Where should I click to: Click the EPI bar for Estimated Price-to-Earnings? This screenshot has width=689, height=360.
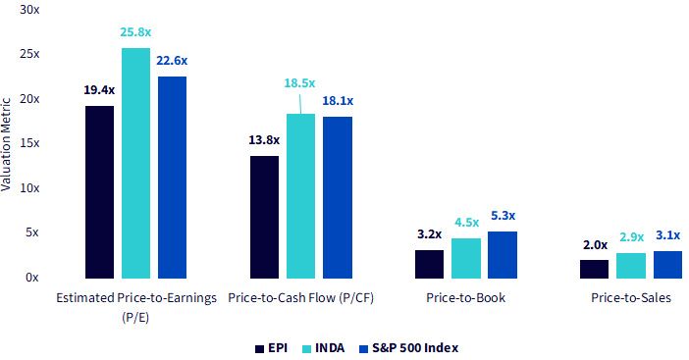click(x=99, y=192)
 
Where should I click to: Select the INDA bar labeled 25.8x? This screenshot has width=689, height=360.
click(x=135, y=163)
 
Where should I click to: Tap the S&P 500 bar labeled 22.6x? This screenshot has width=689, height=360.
click(x=173, y=178)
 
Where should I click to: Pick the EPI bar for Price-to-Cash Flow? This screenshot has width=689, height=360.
click(x=265, y=217)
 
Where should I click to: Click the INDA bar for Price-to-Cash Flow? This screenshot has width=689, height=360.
click(x=301, y=196)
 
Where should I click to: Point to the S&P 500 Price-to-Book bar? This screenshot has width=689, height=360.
click(x=503, y=255)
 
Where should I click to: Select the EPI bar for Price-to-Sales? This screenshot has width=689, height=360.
click(x=594, y=269)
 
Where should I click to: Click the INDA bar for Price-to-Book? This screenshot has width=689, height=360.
click(x=466, y=258)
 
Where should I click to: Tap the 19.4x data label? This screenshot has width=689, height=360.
click(x=99, y=90)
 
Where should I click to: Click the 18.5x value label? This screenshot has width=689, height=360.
click(x=299, y=83)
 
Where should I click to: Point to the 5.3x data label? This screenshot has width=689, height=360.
click(x=503, y=216)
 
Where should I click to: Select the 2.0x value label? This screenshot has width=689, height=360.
click(x=596, y=245)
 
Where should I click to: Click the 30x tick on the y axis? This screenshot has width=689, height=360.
click(x=29, y=9)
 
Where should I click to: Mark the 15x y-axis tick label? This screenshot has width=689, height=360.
click(x=29, y=143)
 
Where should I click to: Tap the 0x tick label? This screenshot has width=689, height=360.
click(x=32, y=278)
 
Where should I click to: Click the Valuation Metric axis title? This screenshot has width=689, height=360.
click(x=6, y=144)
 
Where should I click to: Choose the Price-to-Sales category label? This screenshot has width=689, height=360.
click(x=631, y=297)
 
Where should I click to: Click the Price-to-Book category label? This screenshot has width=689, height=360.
click(x=466, y=297)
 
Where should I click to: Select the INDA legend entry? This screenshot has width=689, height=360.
click(x=324, y=348)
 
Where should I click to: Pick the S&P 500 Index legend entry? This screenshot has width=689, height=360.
click(x=409, y=348)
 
